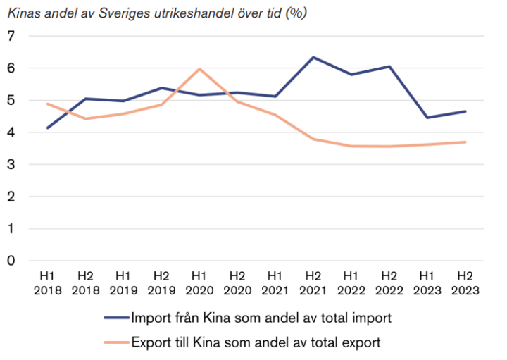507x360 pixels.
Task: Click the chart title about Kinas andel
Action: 156,13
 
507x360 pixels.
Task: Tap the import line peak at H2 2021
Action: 313,57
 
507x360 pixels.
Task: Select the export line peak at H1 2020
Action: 199,69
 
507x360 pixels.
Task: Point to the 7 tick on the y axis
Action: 11,36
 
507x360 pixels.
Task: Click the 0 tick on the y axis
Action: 11,261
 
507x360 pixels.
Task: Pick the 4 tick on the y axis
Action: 11,132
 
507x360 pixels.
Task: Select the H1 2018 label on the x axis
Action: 47,282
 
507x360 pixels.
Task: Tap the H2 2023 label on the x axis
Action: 465,282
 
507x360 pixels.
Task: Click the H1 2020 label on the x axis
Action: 199,282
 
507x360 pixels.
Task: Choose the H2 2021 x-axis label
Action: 313,282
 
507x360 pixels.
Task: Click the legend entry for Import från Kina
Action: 261,318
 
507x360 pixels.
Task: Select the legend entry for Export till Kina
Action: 256,343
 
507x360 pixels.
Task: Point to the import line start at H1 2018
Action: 47,128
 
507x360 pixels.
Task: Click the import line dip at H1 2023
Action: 427,118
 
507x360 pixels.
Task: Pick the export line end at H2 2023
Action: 465,142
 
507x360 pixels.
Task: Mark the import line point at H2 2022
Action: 389,66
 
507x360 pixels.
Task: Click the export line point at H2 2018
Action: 85,118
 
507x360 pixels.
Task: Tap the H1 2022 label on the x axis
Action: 351,282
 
